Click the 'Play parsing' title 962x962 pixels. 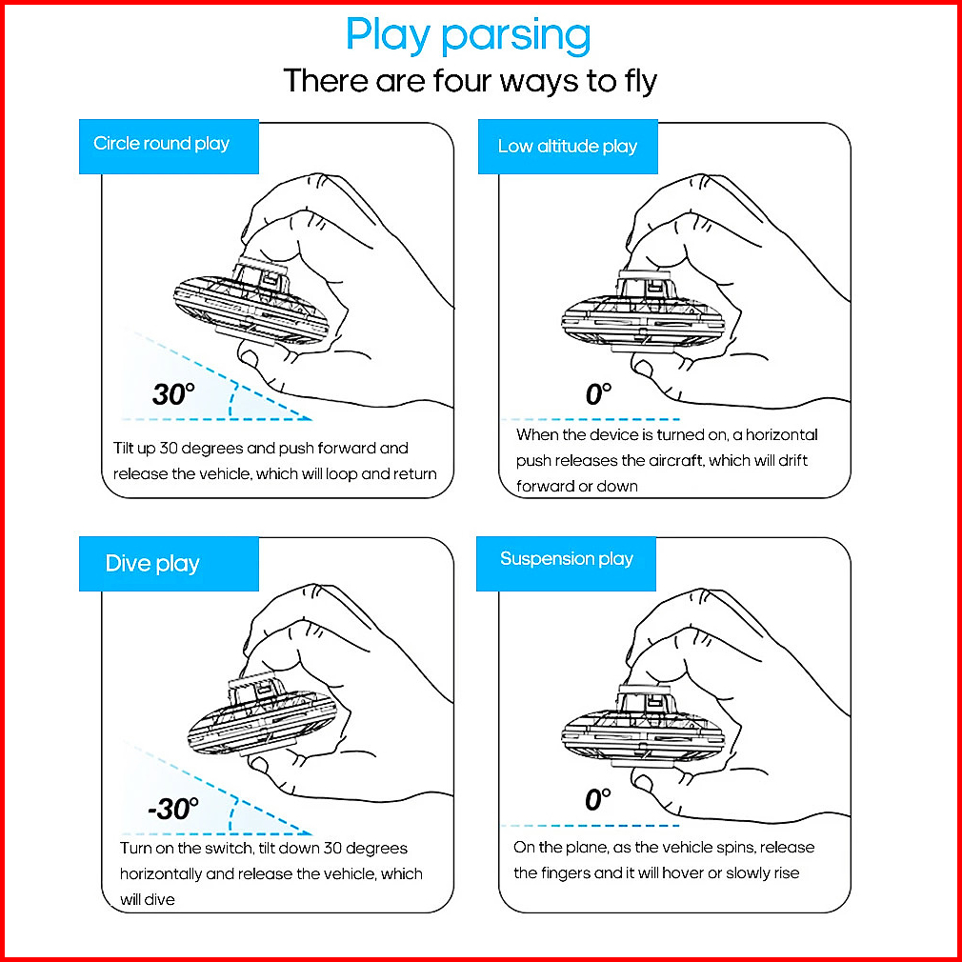point(468,35)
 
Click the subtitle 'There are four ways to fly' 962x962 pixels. point(470,81)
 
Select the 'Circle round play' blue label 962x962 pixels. point(169,147)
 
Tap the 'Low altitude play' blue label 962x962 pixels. point(568,147)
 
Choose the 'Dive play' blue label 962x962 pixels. point(169,564)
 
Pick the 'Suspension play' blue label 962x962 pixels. point(566,564)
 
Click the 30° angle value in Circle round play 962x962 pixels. point(173,394)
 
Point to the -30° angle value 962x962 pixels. point(173,810)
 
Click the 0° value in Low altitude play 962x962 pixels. point(599,394)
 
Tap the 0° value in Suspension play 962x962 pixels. point(597,799)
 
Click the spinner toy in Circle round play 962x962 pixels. point(251,303)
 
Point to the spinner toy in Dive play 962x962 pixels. point(263,718)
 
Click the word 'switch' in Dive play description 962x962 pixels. point(227,849)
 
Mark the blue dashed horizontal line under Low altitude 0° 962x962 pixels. point(591,420)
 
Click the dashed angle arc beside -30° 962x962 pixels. point(233,814)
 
